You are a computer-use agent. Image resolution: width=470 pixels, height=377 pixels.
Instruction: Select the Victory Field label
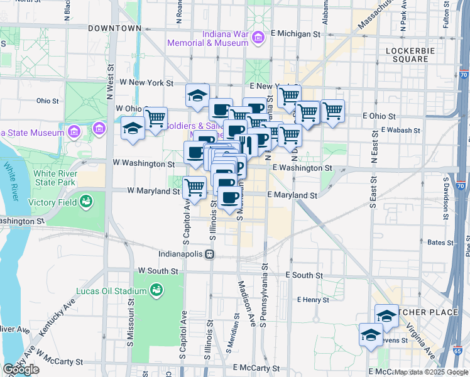(x=53, y=202)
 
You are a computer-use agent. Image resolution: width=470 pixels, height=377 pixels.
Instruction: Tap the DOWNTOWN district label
(x=114, y=28)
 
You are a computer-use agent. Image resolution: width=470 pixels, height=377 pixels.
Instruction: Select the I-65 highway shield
(x=457, y=350)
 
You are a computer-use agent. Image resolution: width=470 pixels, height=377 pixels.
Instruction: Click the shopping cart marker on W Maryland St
(x=195, y=187)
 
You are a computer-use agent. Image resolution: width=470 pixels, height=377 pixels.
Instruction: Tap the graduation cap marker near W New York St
(x=197, y=96)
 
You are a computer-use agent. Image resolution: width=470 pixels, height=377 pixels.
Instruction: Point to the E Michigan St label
(x=292, y=33)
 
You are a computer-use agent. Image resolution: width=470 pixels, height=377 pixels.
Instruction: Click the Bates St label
(x=418, y=242)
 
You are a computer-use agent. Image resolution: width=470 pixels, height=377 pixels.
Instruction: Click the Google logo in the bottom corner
(x=21, y=369)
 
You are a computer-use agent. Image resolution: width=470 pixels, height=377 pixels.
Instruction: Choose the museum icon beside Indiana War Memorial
(x=257, y=40)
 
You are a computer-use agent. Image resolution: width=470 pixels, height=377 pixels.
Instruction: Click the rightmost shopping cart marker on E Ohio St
(x=332, y=111)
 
